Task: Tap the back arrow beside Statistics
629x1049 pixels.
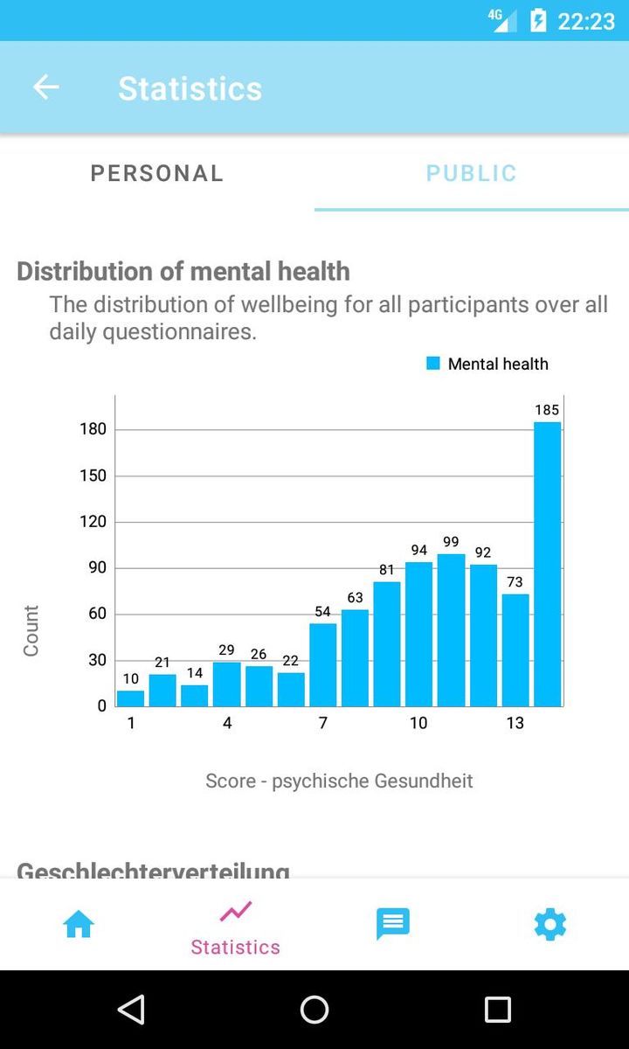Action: tap(45, 87)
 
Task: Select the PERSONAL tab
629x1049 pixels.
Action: tap(157, 173)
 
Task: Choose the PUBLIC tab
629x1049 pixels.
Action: tap(472, 173)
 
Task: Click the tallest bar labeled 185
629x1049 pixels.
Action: tap(547, 564)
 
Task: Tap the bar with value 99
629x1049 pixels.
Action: tap(451, 629)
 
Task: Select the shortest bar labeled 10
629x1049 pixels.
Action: tap(130, 698)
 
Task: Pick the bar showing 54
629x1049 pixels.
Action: tap(322, 664)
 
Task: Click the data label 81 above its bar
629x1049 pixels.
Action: tap(387, 570)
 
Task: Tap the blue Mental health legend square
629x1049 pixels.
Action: tap(433, 364)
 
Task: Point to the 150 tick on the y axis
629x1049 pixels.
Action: tap(92, 476)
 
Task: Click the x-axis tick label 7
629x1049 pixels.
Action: tap(322, 723)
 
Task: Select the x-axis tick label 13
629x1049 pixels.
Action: tap(515, 723)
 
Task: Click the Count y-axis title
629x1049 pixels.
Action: tap(31, 630)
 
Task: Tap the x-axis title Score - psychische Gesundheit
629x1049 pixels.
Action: tap(339, 781)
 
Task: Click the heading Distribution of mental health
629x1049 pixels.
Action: tap(183, 271)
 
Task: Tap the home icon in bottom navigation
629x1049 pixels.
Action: tap(79, 924)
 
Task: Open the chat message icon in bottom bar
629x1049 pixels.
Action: tap(392, 924)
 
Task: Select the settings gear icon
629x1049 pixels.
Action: tap(550, 924)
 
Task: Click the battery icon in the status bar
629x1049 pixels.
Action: tap(538, 20)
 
